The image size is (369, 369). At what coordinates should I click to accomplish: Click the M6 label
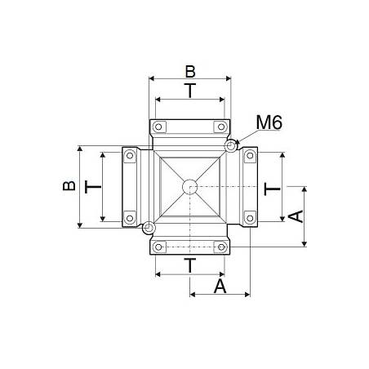[270, 123]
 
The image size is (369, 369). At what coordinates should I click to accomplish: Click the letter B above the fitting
[189, 69]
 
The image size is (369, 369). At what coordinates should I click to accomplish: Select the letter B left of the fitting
[70, 186]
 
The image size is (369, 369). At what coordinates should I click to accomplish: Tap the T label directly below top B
[189, 91]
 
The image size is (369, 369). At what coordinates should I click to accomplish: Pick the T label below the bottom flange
[189, 265]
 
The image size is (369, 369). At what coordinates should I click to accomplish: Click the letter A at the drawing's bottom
[220, 286]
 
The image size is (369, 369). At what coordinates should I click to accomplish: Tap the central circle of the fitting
[189, 186]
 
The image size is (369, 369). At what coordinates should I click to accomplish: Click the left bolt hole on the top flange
[160, 127]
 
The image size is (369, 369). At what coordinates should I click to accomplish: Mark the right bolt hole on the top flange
[219, 127]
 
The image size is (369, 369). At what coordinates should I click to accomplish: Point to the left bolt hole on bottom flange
[160, 246]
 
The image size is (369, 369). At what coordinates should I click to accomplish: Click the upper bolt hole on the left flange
[129, 156]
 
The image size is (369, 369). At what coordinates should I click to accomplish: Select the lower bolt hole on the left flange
[129, 216]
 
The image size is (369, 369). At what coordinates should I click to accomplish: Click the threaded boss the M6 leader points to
[232, 146]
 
